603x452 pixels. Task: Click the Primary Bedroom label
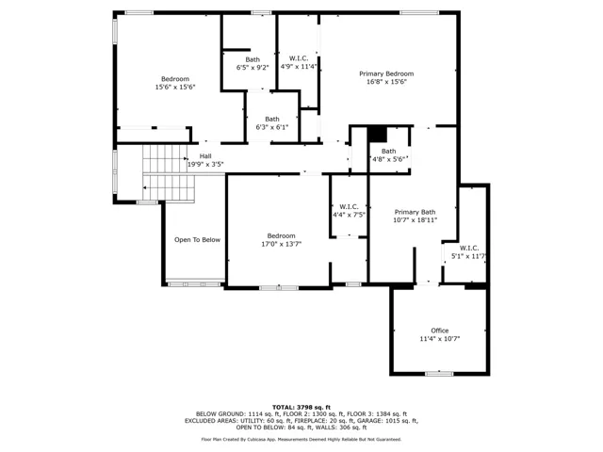(386, 73)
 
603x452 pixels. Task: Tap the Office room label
(440, 331)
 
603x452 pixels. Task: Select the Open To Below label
(197, 240)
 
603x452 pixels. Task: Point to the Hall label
(205, 156)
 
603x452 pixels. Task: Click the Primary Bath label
(415, 212)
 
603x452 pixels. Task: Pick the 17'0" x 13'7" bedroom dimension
(282, 244)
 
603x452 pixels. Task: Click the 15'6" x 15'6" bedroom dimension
(175, 88)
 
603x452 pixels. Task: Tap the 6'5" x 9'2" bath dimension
(253, 68)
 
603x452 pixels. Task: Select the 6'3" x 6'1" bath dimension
(272, 127)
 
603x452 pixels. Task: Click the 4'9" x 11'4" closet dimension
(299, 67)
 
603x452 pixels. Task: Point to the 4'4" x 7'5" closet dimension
(349, 215)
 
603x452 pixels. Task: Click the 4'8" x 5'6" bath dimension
(389, 159)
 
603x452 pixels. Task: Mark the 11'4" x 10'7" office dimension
(440, 339)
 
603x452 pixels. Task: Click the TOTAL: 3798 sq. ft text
(301, 408)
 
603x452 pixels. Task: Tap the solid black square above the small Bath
(377, 135)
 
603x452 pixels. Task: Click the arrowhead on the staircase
(145, 187)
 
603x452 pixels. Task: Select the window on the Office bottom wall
(439, 373)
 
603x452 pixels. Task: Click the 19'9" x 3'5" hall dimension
(205, 165)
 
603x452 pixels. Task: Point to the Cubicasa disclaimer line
(301, 440)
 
